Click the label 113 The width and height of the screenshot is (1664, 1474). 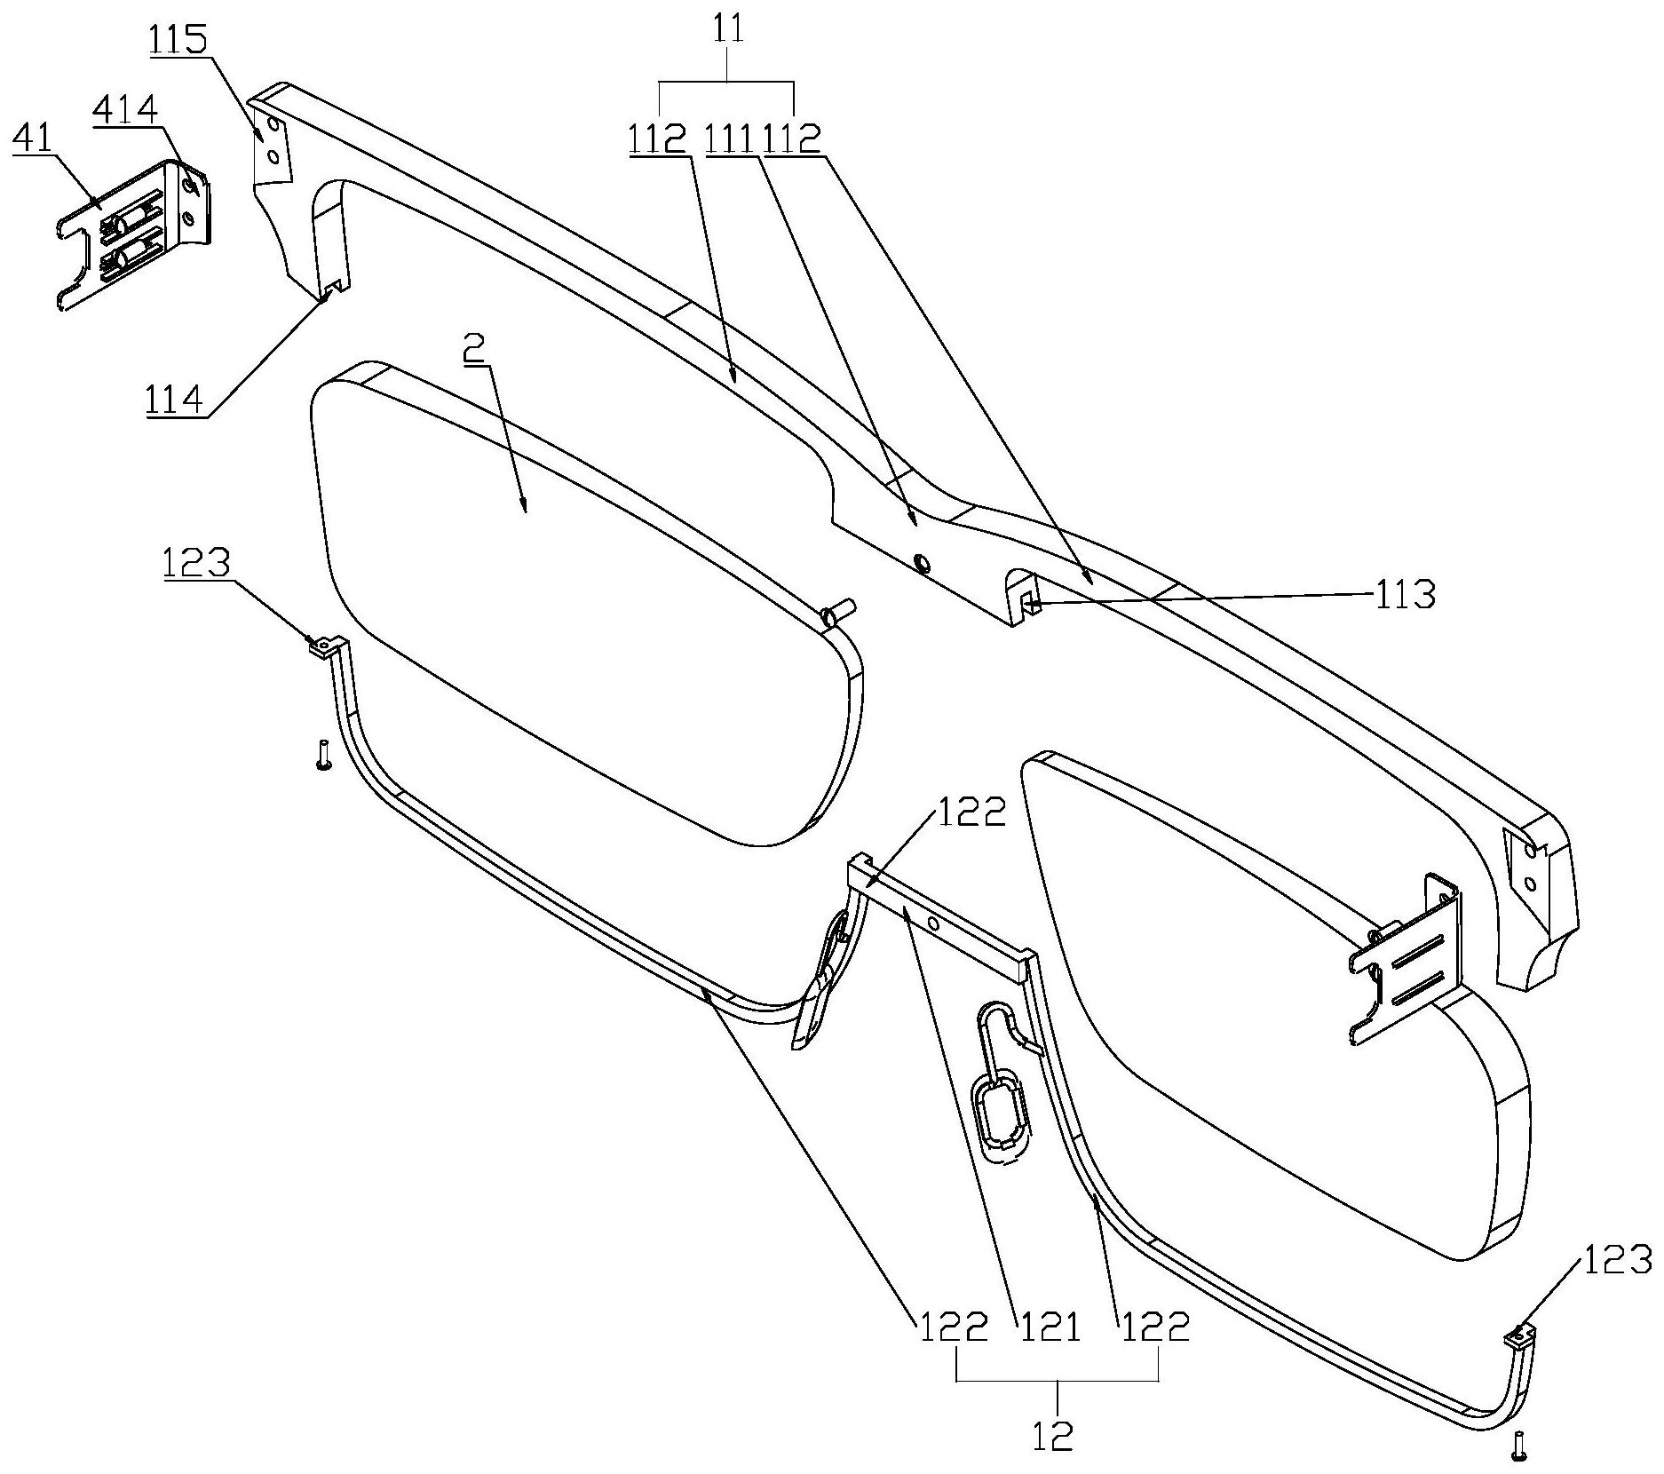pyautogui.click(x=1404, y=594)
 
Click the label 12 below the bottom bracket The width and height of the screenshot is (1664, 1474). pyautogui.click(x=1053, y=1435)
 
